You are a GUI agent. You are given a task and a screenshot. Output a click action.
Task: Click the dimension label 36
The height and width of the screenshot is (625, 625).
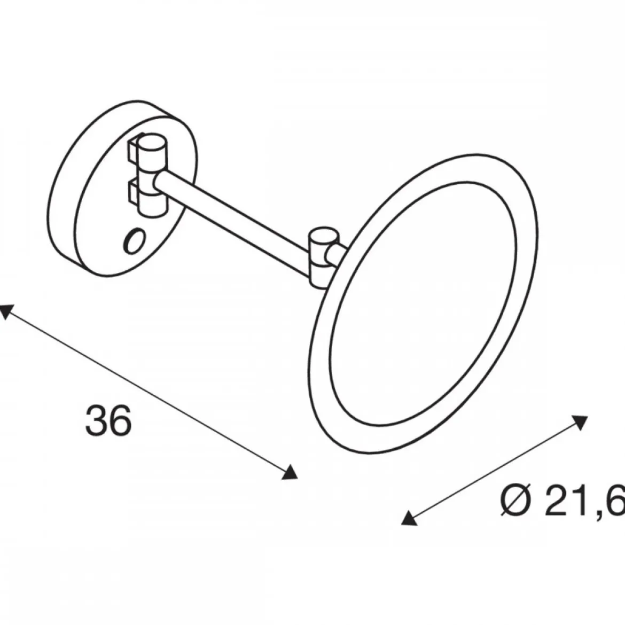point(108,420)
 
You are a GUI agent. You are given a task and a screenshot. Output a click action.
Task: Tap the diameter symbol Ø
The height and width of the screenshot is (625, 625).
point(516,501)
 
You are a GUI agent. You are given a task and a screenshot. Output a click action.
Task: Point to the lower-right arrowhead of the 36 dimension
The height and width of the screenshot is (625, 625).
point(291,472)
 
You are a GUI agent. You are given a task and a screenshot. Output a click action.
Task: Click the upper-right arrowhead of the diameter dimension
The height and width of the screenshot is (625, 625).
point(581,422)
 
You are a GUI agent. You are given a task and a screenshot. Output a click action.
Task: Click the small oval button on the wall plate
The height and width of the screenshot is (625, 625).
point(135,241)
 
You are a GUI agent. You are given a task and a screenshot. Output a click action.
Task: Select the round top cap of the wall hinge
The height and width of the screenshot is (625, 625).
point(154,143)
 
